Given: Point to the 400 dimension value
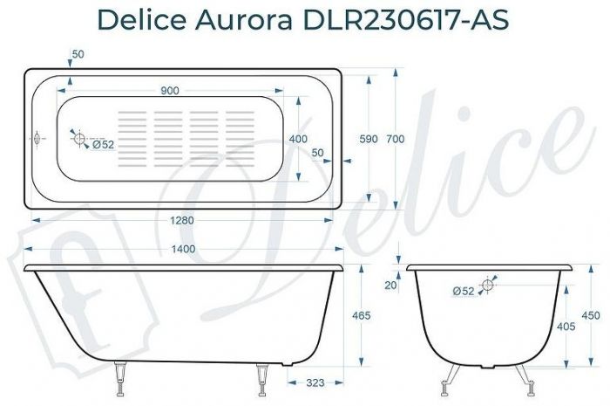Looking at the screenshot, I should (x=298, y=139).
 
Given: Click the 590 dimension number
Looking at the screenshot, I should (x=369, y=139).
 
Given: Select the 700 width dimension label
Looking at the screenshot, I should (x=396, y=139).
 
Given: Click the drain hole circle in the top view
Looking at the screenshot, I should (x=79, y=139).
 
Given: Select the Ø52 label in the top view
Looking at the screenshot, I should (x=104, y=145).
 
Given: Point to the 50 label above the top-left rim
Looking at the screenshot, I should (x=78, y=54).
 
